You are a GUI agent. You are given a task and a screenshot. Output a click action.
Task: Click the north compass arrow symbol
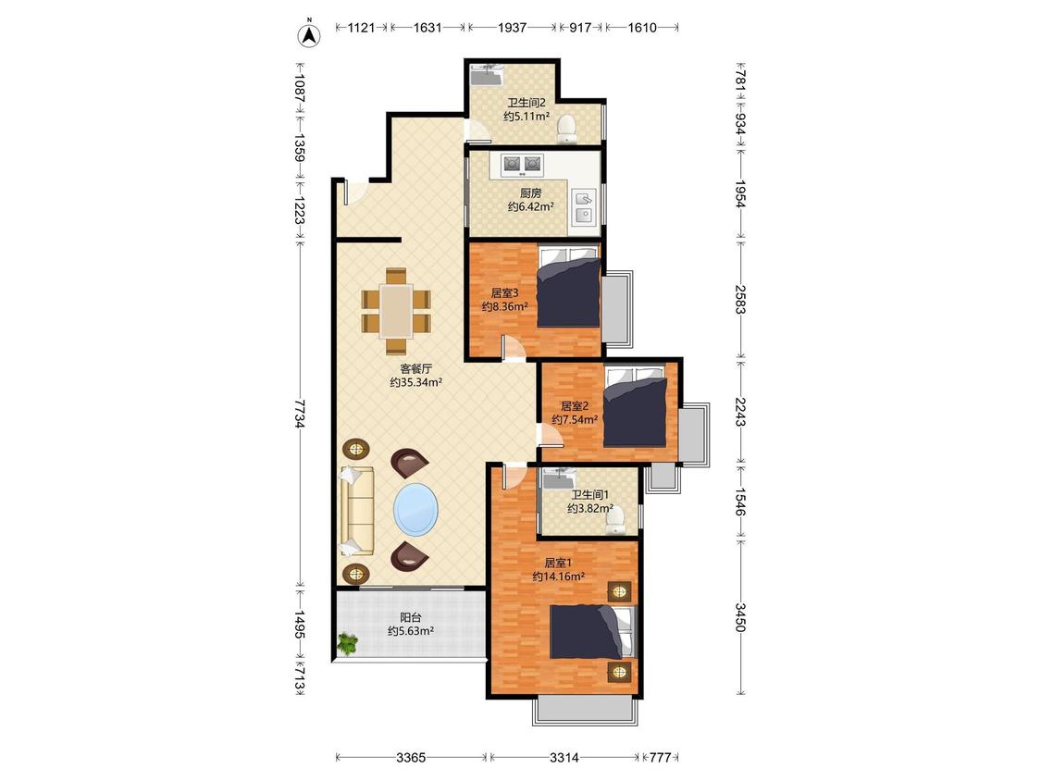(308, 35)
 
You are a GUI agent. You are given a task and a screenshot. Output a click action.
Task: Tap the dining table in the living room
(396, 311)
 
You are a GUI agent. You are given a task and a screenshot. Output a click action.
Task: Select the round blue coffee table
(415, 509)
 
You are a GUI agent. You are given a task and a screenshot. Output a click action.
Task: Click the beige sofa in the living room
(356, 511)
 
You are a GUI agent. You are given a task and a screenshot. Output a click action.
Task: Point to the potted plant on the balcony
(347, 643)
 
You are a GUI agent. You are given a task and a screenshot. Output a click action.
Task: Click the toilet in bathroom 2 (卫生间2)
(566, 129)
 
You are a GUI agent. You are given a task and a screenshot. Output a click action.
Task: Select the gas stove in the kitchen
(523, 164)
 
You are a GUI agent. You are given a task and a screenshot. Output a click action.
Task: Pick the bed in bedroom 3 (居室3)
(569, 287)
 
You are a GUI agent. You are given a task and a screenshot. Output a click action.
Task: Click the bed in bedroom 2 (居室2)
(635, 406)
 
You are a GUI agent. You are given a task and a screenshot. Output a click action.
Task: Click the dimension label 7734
(300, 414)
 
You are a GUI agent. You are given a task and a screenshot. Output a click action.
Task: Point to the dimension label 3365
(410, 757)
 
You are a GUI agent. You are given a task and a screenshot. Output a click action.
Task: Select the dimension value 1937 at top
(512, 27)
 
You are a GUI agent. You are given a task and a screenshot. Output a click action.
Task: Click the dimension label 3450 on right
(741, 617)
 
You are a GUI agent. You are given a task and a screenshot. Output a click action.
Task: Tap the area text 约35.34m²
(415, 382)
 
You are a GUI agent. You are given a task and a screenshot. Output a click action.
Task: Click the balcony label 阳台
(411, 617)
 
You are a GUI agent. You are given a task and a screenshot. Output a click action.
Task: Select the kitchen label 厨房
(530, 193)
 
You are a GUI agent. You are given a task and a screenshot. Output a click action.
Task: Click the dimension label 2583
(741, 300)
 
